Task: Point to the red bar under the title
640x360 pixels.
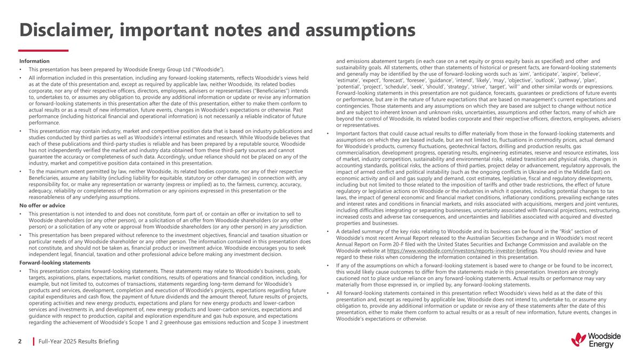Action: tap(44, 51)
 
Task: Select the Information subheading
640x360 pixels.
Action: tap(34, 61)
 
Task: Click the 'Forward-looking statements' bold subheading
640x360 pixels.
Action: tap(54, 263)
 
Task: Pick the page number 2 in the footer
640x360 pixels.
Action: tap(21, 341)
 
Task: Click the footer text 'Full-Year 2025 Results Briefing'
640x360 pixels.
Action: tap(79, 341)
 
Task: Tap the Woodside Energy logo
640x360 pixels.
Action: tap(596, 340)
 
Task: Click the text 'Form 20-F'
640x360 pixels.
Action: tap(414, 244)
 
